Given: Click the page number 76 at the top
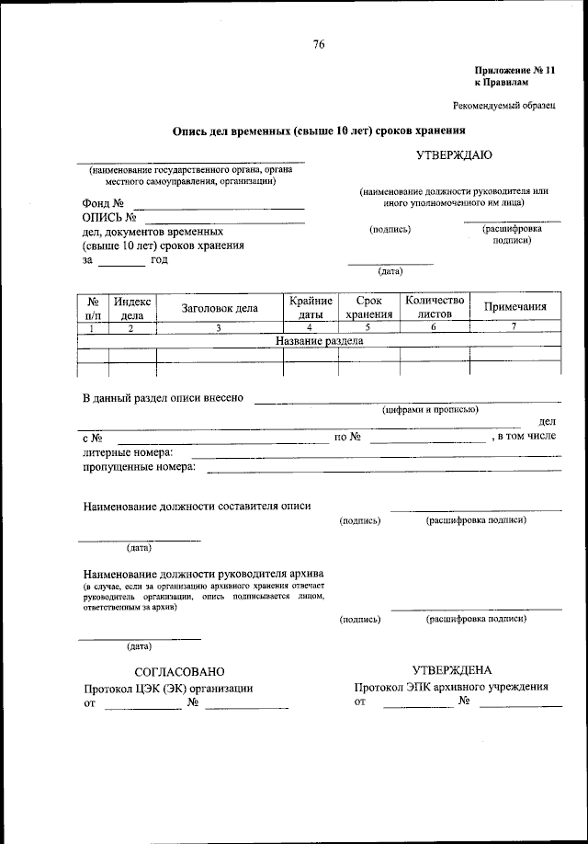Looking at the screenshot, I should (319, 44).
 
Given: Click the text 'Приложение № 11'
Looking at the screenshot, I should (514, 70).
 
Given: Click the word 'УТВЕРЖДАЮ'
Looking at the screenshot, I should (455, 155).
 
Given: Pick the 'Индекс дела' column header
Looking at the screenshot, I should (132, 308).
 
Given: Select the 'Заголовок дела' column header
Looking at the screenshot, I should (220, 308).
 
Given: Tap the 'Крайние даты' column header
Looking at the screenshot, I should (311, 308).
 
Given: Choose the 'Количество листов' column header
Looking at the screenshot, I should (435, 308).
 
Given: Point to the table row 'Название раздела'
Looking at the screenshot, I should (320, 340).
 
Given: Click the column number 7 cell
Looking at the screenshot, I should (514, 327).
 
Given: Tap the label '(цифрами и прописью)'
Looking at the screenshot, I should (428, 410).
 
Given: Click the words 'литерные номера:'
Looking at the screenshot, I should (127, 452).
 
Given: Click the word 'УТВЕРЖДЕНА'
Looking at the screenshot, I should (452, 670).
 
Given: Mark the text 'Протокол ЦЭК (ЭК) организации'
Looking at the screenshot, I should (168, 688).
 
